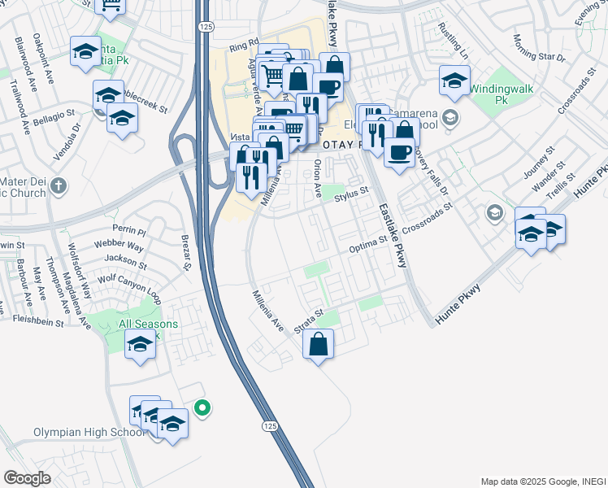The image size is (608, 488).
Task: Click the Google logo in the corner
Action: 27,478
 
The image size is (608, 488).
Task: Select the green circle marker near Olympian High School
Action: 203,408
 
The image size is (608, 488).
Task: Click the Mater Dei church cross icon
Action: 58,186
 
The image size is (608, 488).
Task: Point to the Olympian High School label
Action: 79,432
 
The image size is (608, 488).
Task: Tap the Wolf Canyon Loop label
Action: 129,282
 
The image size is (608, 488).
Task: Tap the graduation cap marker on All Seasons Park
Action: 141,345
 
